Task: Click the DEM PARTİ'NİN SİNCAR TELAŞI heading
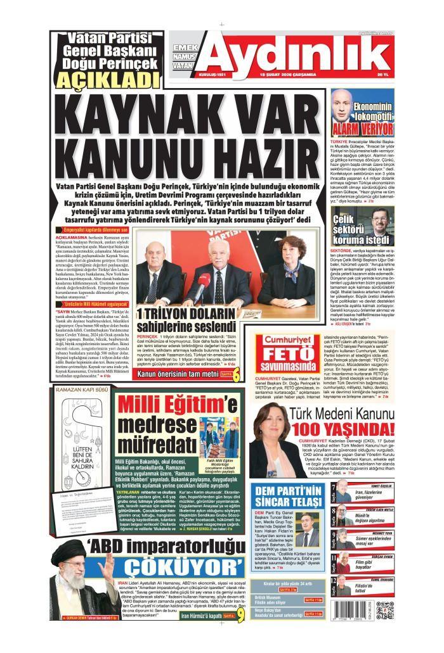click(288, 497)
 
